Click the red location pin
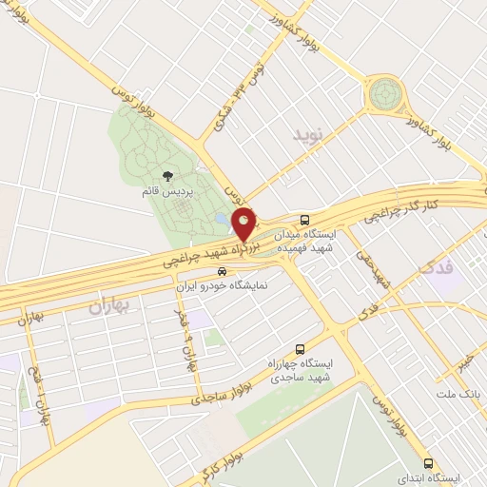point(244,223)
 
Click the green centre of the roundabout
point(386,93)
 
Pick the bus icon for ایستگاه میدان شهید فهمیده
point(303,217)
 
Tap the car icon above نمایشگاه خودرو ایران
point(223,271)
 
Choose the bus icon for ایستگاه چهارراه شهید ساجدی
point(301,348)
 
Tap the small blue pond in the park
point(222,219)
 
